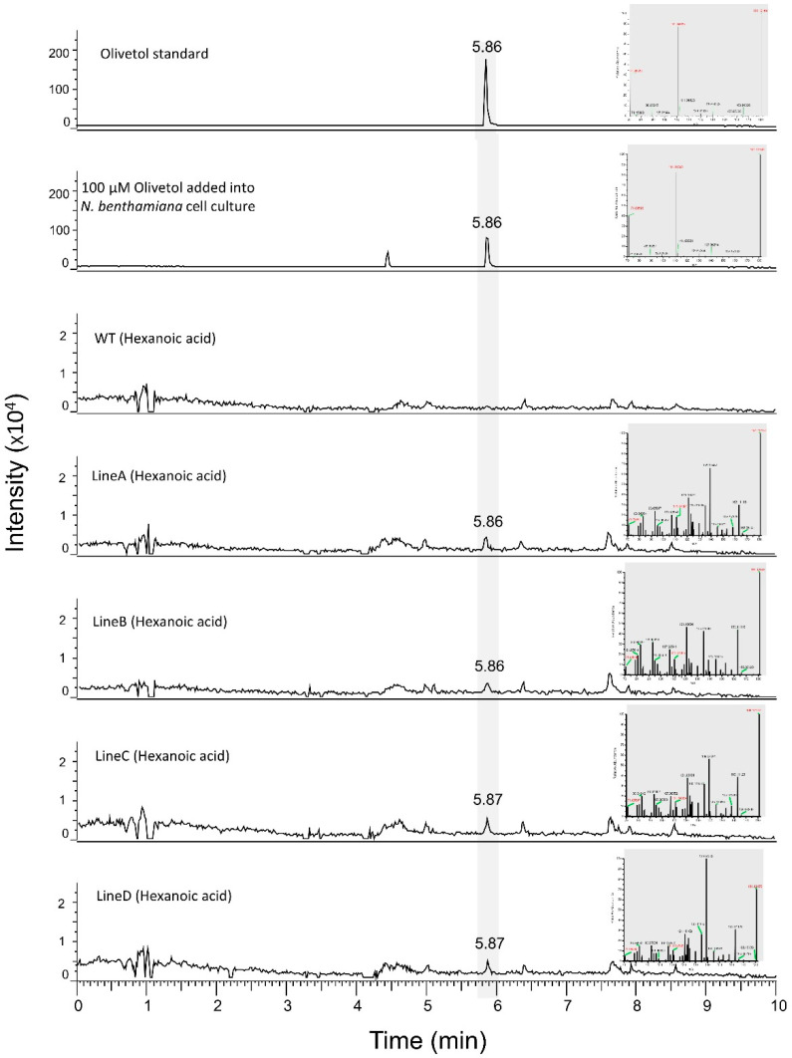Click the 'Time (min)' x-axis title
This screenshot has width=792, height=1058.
click(426, 1040)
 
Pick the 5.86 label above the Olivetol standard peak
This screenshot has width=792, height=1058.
click(487, 46)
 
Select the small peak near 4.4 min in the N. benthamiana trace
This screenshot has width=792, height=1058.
click(388, 258)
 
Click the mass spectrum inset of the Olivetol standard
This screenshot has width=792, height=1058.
click(693, 63)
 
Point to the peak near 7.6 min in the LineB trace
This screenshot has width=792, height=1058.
click(610, 679)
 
